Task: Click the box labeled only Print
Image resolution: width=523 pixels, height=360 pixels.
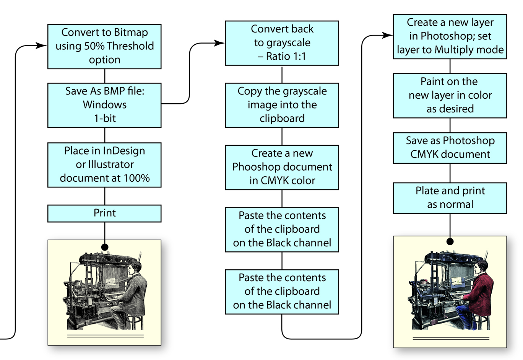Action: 104,213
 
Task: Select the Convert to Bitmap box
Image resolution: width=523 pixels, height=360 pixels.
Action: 104,46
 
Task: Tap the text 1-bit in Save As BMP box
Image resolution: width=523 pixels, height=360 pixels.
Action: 104,119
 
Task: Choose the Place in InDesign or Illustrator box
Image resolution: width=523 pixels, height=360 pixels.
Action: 104,165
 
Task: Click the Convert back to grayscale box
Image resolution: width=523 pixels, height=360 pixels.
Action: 282,43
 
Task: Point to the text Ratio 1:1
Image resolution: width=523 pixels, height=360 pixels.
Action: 286,57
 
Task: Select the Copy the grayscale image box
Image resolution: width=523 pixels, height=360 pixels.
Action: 282,105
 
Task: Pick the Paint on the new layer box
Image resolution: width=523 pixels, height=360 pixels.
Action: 450,95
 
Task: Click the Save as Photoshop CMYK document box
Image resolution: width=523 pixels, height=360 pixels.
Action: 450,148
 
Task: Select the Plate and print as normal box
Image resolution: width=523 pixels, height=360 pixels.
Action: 450,198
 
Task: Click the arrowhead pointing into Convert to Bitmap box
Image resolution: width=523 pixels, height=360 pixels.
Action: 42,46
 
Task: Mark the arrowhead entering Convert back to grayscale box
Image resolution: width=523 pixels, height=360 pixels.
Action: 220,43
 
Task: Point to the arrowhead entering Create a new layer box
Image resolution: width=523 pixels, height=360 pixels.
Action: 388,36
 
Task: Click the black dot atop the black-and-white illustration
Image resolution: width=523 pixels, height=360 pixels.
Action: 104,247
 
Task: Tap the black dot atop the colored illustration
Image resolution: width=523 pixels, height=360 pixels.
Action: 450,241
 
